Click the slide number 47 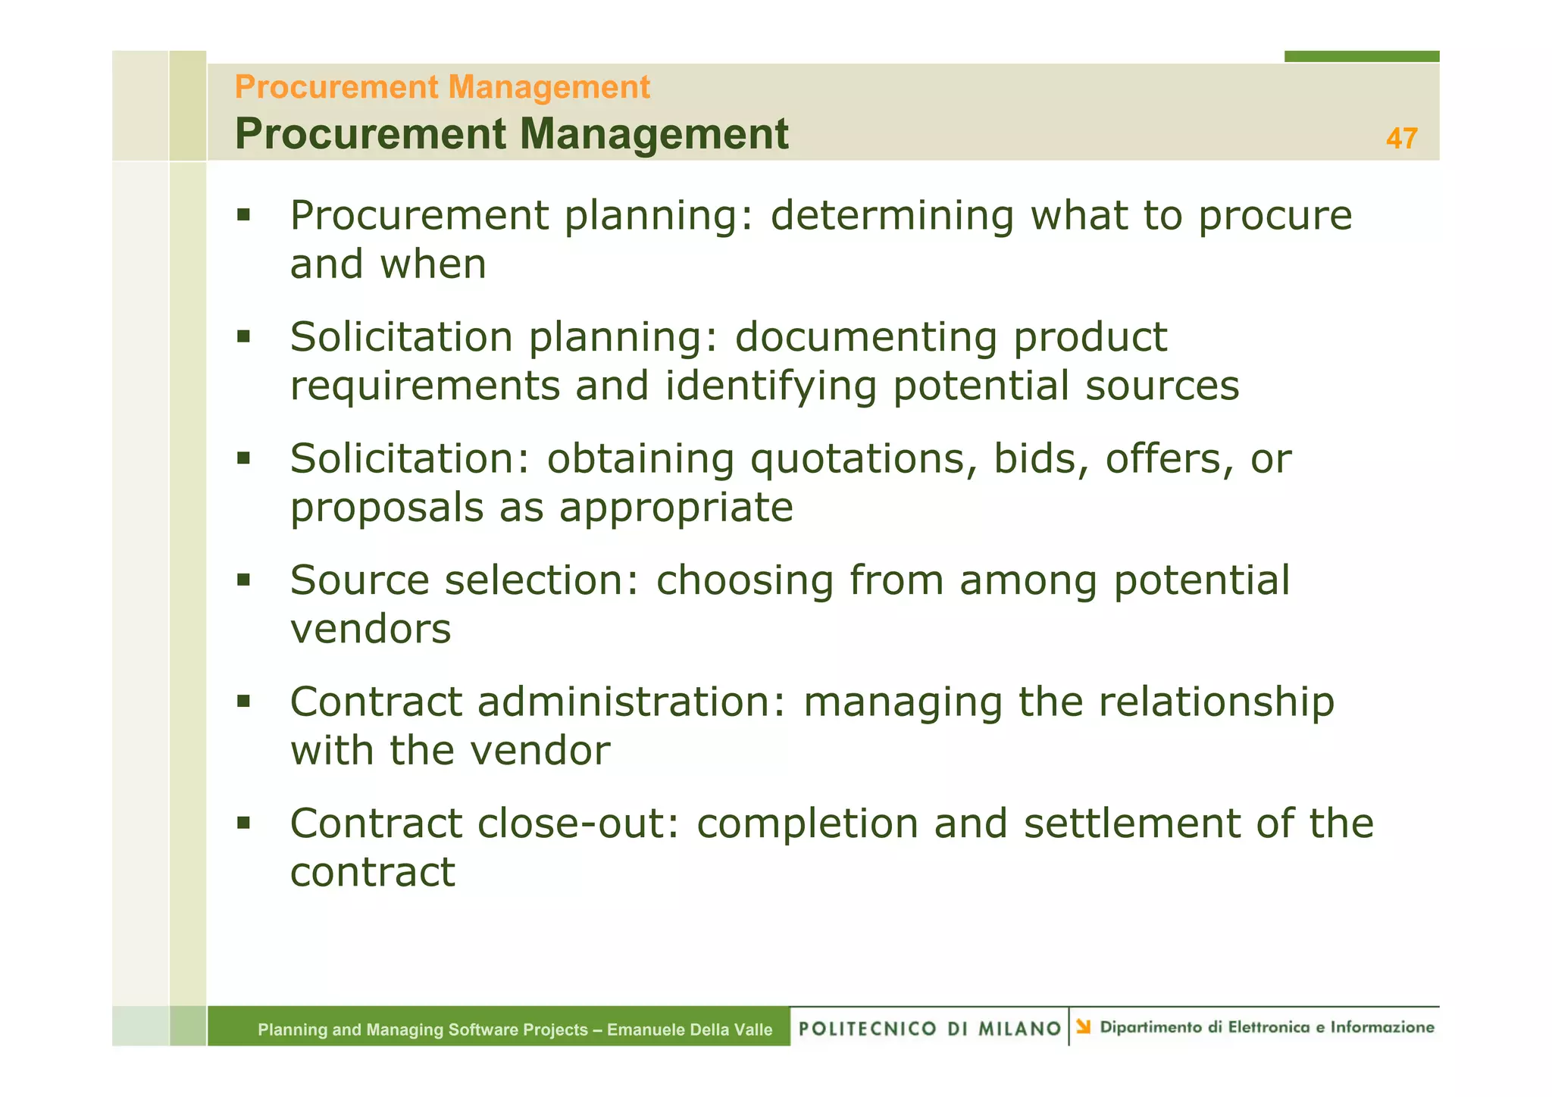[x=1401, y=139]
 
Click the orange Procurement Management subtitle [x=442, y=87]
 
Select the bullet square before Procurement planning [x=243, y=215]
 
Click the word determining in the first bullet [x=892, y=216]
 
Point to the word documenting [x=865, y=337]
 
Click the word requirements [x=425, y=386]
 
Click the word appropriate [x=676, y=508]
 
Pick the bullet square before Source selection [x=243, y=580]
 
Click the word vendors [x=371, y=629]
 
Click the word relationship [x=1216, y=702]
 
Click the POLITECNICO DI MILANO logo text [x=929, y=1028]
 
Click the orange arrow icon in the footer [x=1084, y=1027]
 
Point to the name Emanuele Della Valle [x=690, y=1030]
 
